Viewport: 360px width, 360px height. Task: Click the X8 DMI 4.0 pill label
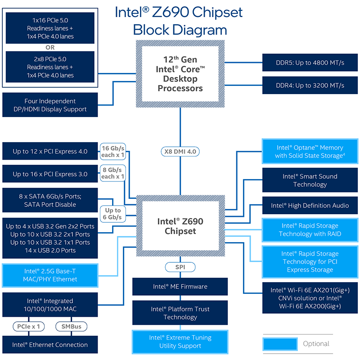[x=180, y=152]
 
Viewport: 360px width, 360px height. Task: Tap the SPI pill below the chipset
[x=180, y=267]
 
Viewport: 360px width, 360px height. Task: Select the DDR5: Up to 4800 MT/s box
[x=310, y=63]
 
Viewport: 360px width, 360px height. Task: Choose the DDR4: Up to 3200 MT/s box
[x=310, y=85]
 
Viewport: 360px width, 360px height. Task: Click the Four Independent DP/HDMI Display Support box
[x=50, y=105]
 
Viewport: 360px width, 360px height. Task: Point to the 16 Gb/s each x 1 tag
[x=113, y=152]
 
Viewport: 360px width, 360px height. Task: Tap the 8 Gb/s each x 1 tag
[x=113, y=173]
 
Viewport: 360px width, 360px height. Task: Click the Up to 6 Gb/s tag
[x=113, y=214]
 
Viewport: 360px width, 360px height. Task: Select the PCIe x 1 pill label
[x=28, y=327]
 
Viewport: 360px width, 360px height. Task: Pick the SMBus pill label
[x=72, y=327]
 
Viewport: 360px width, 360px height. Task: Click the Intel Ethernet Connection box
[x=50, y=345]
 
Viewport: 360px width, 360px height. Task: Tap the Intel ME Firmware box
[x=180, y=287]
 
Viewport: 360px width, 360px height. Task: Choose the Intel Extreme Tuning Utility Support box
[x=180, y=342]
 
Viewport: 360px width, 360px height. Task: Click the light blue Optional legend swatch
[x=280, y=344]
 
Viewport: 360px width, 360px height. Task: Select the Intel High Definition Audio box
[x=310, y=206]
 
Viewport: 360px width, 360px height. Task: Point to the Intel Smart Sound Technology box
[x=310, y=180]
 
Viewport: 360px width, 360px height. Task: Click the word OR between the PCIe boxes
[x=50, y=47]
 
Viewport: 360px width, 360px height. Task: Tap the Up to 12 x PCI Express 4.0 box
[x=50, y=151]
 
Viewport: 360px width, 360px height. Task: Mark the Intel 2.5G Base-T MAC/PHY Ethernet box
[x=50, y=275]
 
